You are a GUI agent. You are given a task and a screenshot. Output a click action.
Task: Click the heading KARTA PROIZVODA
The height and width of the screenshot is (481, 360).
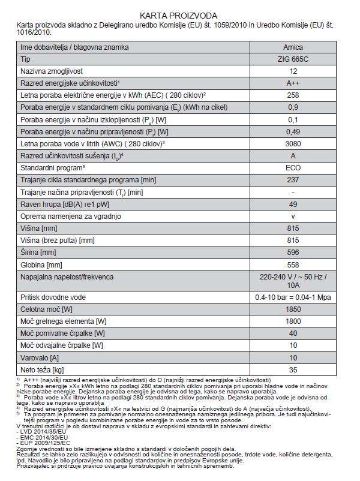point(179,14)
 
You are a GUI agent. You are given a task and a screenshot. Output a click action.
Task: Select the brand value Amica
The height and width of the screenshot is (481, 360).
point(293,47)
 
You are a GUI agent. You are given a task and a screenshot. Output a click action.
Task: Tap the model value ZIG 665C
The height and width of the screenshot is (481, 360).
point(293,59)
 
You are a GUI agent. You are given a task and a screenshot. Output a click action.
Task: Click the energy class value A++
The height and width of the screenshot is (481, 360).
point(293,83)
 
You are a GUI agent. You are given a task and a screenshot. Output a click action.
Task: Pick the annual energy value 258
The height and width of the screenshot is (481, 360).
point(293,95)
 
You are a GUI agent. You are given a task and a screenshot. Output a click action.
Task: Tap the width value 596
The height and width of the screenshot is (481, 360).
point(293,252)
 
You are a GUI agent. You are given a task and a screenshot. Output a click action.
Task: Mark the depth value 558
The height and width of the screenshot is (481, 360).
point(293,264)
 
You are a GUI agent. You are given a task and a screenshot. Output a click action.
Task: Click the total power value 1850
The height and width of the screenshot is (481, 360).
point(293,308)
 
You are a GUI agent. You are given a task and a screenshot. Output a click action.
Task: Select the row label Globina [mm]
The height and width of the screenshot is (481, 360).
point(41,264)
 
